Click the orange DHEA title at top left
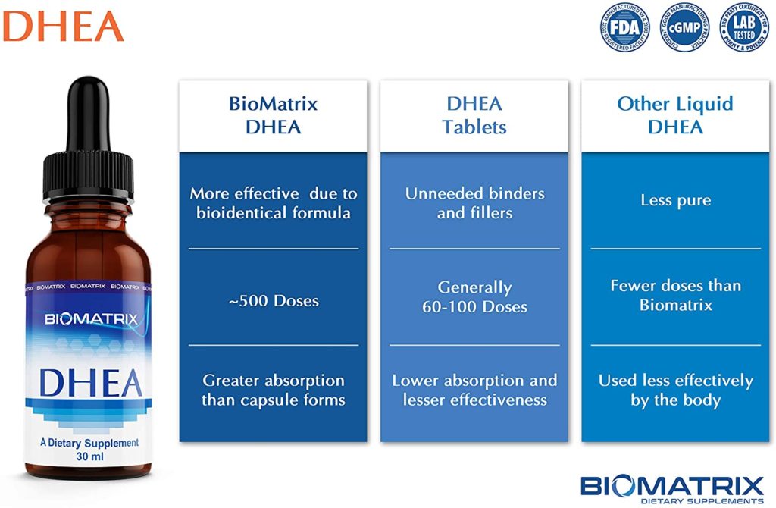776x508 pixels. pyautogui.click(x=62, y=26)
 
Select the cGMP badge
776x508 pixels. pyautogui.click(x=683, y=27)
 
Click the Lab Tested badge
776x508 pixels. pyautogui.click(x=742, y=27)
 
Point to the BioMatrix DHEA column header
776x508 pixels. pyautogui.click(x=273, y=114)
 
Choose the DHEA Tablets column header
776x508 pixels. pyautogui.click(x=474, y=114)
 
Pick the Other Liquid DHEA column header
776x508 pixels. pyautogui.click(x=675, y=114)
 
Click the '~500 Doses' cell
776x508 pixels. pyautogui.click(x=273, y=300)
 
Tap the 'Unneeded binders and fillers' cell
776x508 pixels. pyautogui.click(x=474, y=202)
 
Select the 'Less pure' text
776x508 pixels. pyautogui.click(x=675, y=201)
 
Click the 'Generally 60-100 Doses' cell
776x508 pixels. pyautogui.click(x=474, y=297)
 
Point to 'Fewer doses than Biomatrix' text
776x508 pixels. pyautogui.click(x=675, y=295)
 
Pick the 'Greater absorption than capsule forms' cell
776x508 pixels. pyautogui.click(x=273, y=390)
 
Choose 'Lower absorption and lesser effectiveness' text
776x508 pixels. pyautogui.click(x=474, y=390)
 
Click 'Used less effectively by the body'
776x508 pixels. pyautogui.click(x=675, y=390)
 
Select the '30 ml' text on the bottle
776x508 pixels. pyautogui.click(x=89, y=457)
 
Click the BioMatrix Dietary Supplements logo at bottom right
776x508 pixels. pyautogui.click(x=671, y=488)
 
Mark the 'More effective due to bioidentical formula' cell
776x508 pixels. pyautogui.click(x=273, y=202)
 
